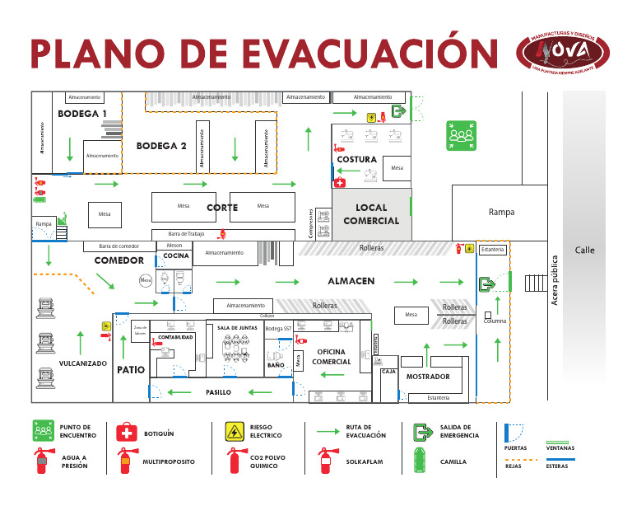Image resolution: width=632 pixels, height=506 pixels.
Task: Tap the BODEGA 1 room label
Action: [82, 114]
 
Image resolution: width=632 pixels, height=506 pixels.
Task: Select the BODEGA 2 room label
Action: [161, 146]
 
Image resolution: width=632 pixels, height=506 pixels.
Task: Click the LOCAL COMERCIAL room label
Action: [371, 214]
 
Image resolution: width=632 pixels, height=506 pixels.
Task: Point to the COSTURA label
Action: [357, 159]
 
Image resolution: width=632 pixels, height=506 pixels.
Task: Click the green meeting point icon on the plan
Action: [461, 135]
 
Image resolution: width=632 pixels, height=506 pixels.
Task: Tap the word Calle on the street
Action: [584, 251]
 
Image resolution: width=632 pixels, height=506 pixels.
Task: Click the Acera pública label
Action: [555, 280]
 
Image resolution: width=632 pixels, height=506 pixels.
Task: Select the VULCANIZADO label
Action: [82, 363]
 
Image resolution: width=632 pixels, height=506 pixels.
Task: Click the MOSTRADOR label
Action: [428, 377]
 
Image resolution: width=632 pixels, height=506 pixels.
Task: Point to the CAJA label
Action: [389, 372]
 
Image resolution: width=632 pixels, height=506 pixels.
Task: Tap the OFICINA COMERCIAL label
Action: [332, 357]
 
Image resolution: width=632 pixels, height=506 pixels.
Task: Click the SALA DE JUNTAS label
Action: [238, 328]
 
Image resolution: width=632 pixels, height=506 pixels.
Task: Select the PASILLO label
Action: [218, 392]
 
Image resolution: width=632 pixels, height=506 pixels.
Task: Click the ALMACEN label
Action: [351, 281]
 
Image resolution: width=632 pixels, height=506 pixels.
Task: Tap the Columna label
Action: [495, 321]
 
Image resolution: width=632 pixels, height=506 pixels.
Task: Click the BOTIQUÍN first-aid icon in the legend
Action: [126, 432]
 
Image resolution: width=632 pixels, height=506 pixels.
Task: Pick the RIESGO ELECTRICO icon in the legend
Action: [235, 432]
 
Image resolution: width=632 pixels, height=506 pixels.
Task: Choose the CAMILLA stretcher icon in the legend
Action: [422, 461]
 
